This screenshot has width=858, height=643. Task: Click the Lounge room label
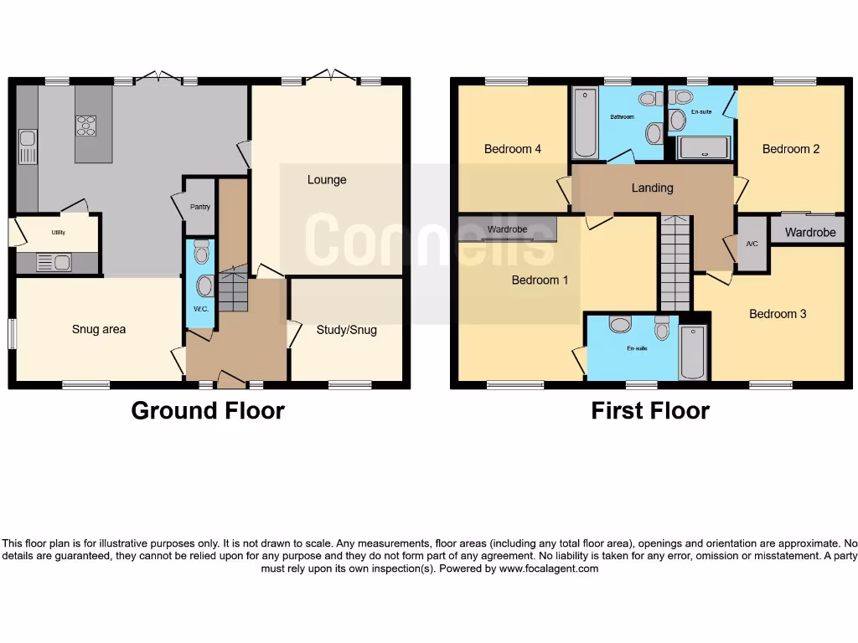pos(326,180)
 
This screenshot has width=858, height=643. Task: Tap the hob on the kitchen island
pos(86,126)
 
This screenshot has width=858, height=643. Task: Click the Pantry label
pos(199,207)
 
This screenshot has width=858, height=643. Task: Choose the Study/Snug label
pos(346,330)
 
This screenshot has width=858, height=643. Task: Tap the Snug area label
pos(98,330)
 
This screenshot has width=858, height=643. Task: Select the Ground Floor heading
pos(208,411)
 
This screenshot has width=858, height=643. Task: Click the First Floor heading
pos(650,411)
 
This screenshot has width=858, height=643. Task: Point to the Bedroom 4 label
pos(512,149)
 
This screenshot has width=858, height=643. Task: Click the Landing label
pos(652,188)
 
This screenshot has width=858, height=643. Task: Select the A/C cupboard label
pos(752,244)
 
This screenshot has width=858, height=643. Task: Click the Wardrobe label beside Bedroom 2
pos(810,233)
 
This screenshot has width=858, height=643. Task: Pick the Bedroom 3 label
pos(778,314)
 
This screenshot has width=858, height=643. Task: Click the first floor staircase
pos(675,262)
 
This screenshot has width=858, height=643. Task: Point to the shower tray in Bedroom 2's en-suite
pos(704,148)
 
